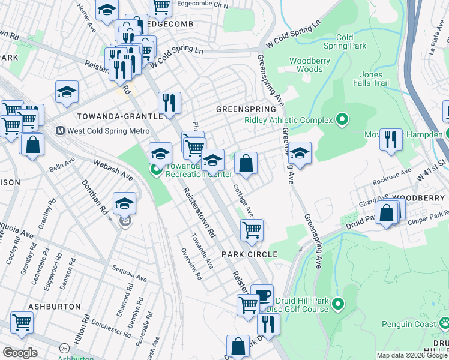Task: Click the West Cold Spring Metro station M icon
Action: (60, 130)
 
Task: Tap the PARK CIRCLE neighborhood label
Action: (249, 254)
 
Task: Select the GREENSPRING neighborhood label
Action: (246, 110)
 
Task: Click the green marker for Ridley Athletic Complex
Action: (342, 120)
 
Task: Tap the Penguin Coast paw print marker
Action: (444, 324)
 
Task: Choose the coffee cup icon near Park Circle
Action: (262, 295)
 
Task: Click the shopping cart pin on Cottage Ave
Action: (252, 229)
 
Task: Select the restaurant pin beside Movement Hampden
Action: (391, 139)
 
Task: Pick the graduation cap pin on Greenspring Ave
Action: (299, 152)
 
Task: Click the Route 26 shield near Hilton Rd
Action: (64, 347)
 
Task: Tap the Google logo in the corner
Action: (20, 353)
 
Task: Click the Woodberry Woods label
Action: (306, 65)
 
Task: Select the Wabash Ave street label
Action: (113, 169)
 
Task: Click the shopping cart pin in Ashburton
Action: (22, 322)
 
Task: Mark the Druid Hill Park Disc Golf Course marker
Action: (337, 305)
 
